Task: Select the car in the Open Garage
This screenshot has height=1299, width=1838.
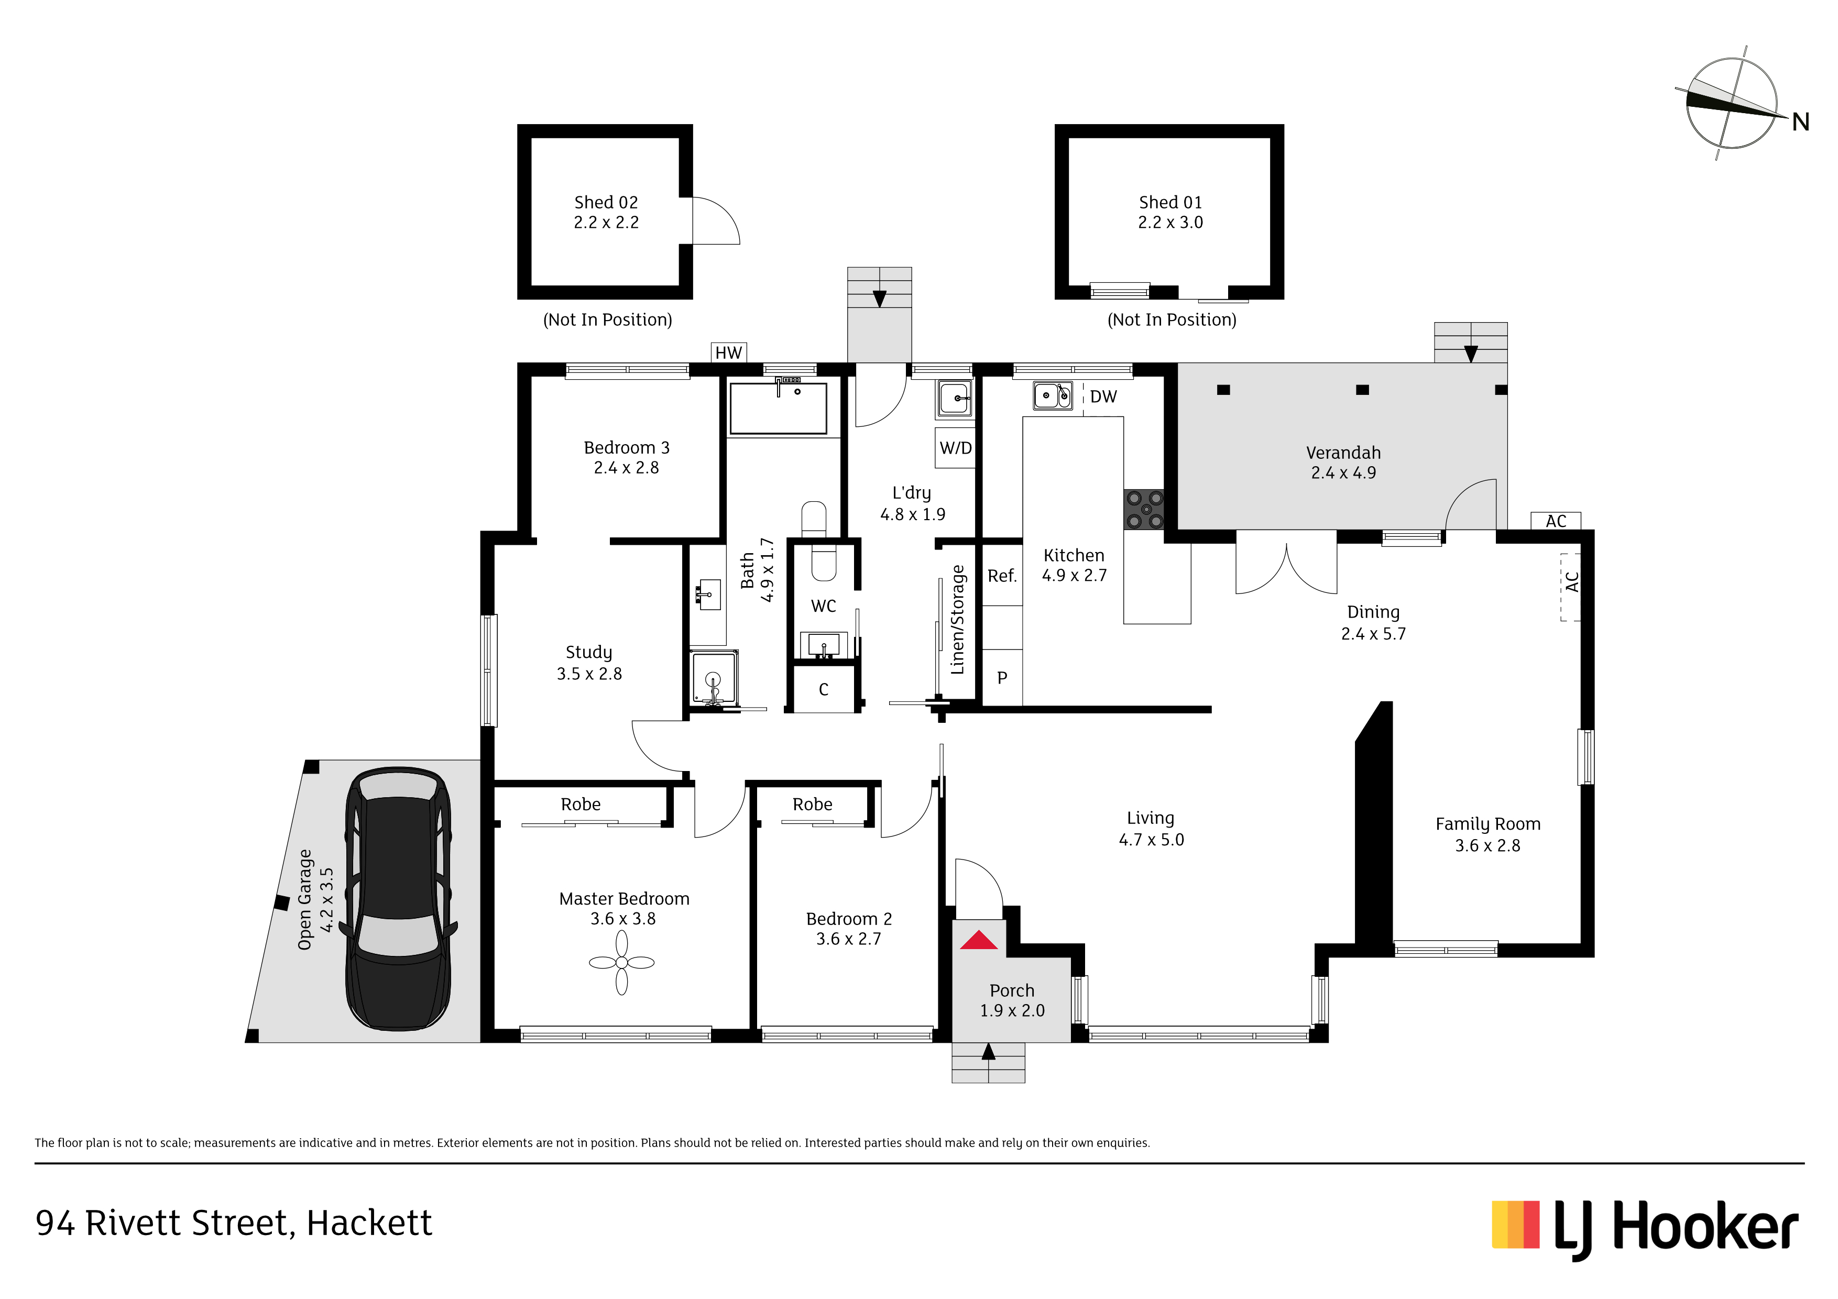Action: click(399, 899)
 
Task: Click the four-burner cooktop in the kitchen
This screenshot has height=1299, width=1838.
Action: click(1145, 510)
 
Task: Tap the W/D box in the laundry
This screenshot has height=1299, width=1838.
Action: click(955, 448)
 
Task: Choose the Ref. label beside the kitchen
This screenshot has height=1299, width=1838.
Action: click(1001, 576)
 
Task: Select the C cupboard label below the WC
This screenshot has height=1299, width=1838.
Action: click(823, 689)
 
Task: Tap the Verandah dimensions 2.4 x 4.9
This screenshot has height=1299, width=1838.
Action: click(1343, 473)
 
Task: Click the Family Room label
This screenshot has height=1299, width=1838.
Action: click(1487, 824)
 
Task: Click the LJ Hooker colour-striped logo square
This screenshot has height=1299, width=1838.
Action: click(1515, 1225)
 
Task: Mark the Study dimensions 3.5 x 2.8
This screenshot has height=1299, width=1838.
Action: click(589, 674)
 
